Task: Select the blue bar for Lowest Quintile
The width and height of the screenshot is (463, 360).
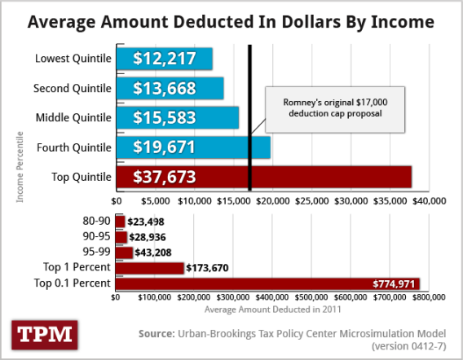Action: (164, 59)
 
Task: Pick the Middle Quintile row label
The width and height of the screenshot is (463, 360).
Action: (73, 118)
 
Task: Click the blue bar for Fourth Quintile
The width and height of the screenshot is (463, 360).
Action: (192, 147)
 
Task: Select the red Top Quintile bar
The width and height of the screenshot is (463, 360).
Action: (263, 177)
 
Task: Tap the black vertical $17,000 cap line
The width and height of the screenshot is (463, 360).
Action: (249, 81)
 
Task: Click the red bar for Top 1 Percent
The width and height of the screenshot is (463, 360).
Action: (150, 267)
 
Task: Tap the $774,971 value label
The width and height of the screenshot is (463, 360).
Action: (395, 283)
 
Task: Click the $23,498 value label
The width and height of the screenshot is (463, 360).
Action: (146, 222)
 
